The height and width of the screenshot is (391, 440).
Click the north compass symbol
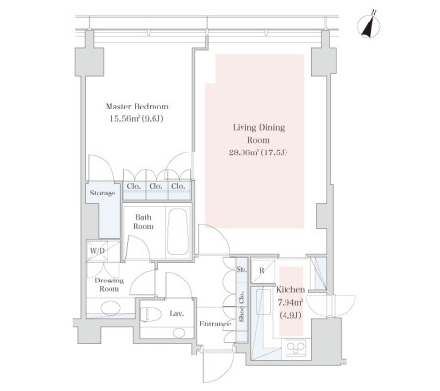[x=369, y=25]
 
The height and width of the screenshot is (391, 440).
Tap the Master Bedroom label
[x=137, y=107]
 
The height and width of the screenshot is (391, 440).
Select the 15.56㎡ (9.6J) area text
[x=137, y=119]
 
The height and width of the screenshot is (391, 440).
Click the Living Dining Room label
[x=258, y=133]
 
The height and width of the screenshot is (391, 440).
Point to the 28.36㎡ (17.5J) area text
[x=258, y=152]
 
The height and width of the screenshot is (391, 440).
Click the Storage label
[x=103, y=193]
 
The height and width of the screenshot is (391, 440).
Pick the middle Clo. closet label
[x=155, y=186]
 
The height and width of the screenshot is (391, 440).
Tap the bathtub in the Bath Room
[x=178, y=232]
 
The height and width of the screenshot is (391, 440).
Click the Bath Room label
[x=143, y=222]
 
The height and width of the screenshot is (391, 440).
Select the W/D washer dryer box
[x=97, y=251]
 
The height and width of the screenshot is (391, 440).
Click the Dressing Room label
[x=109, y=284]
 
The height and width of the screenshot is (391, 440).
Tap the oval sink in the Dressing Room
[x=110, y=308]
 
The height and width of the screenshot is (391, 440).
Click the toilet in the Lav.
[x=151, y=314]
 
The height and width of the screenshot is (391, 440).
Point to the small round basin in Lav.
[x=179, y=333]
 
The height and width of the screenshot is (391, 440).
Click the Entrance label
[x=215, y=324]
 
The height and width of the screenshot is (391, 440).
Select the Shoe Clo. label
[x=242, y=306]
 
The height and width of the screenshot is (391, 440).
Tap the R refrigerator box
[x=262, y=270]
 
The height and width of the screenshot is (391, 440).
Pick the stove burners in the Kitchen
[x=295, y=348]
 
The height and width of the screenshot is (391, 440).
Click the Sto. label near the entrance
[x=242, y=270]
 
